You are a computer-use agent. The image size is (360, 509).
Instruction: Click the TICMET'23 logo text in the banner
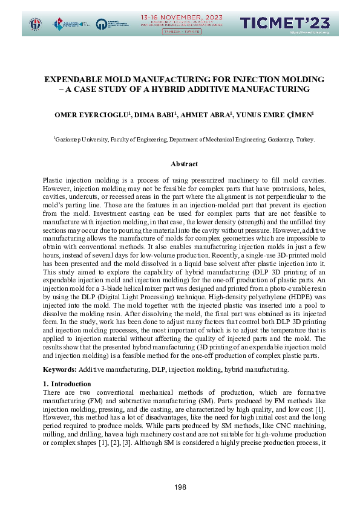pyautogui.click(x=285, y=23)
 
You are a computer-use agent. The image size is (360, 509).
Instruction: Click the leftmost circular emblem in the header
pyautogui.click(x=36, y=24)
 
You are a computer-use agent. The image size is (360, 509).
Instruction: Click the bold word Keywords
pyautogui.click(x=59, y=369)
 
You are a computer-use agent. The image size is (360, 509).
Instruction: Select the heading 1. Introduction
pyautogui.click(x=68, y=383)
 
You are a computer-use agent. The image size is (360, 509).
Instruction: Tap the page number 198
pyautogui.click(x=180, y=487)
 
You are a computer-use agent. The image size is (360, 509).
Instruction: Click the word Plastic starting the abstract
pyautogui.click(x=53, y=181)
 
